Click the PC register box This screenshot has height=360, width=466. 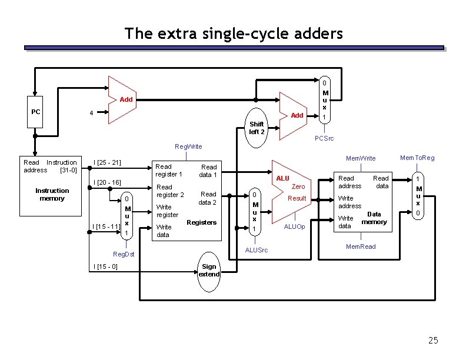point(36,112)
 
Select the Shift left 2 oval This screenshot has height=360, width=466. point(257,128)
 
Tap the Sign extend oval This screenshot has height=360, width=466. point(209,271)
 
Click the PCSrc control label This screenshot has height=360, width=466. point(324,139)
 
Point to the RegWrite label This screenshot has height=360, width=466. point(189,146)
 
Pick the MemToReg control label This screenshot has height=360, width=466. point(417,158)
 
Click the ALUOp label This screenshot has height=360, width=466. point(294,226)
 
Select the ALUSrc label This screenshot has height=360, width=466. point(256,251)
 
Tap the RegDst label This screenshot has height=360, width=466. point(124,254)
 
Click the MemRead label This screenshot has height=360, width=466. point(361,246)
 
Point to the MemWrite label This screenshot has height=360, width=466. point(361,158)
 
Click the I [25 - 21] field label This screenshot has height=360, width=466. point(108,162)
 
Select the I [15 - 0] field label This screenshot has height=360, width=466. point(106,267)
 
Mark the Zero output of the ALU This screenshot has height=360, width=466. point(298,186)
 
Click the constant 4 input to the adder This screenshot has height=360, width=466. point(91,113)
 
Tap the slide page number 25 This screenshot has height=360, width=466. point(433,341)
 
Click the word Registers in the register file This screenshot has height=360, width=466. point(201,222)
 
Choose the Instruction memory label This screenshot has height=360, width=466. point(52,194)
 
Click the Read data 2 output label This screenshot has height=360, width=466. point(207,198)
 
